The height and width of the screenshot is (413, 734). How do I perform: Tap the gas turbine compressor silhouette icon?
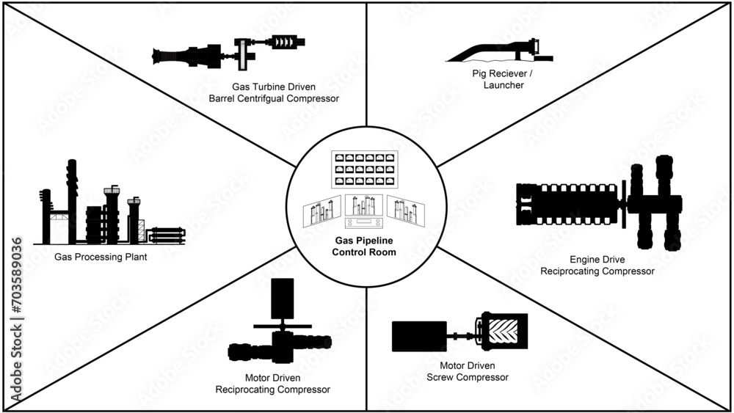click(x=228, y=52)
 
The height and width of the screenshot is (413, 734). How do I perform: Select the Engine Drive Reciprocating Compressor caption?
click(x=597, y=265)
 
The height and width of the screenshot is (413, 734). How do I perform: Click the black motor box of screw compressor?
click(x=419, y=336)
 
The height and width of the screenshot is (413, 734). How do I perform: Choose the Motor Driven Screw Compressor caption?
click(x=467, y=371)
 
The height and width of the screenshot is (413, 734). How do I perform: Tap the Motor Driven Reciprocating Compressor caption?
click(x=272, y=384)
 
